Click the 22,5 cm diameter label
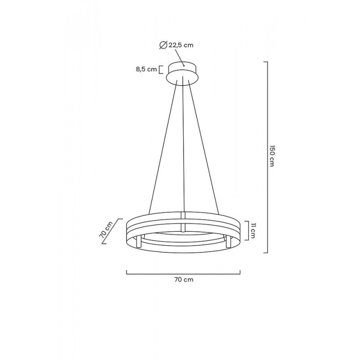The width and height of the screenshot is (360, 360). click(x=181, y=45)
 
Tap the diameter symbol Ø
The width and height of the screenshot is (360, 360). click(x=163, y=45)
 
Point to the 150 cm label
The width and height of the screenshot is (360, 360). click(x=272, y=157)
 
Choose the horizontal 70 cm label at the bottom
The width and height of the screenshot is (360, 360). click(x=184, y=279)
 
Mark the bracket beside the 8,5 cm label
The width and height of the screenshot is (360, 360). click(x=161, y=69)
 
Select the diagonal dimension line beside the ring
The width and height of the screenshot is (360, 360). click(x=112, y=231)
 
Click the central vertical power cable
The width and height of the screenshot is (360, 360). click(x=184, y=144)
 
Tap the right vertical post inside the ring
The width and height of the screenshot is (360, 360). click(x=228, y=243)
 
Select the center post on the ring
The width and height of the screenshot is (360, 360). click(x=183, y=221)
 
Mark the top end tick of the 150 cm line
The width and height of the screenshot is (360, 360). click(x=265, y=62)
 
